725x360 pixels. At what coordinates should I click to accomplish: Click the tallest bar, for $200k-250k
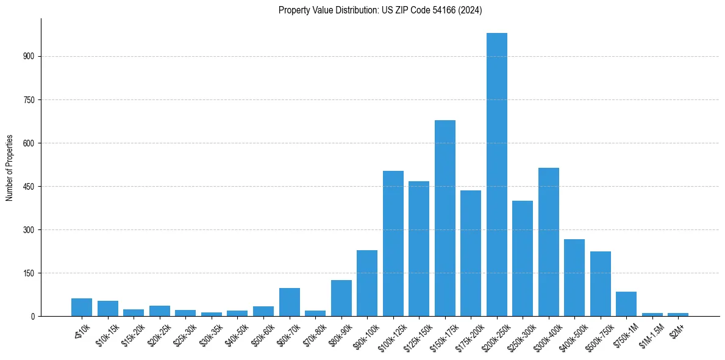tap(496, 175)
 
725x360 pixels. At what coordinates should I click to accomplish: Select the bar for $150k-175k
tap(445, 218)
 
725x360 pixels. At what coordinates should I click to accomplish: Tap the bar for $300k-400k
tap(548, 242)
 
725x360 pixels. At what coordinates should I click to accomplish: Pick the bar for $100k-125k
tap(393, 243)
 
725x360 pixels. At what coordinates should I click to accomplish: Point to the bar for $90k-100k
tap(366, 283)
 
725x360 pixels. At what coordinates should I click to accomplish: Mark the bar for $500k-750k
tap(600, 284)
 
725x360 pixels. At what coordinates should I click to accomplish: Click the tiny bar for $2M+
tap(677, 314)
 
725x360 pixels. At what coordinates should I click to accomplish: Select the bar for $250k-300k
tap(522, 258)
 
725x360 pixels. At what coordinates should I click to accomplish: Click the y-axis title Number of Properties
tap(10, 168)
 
